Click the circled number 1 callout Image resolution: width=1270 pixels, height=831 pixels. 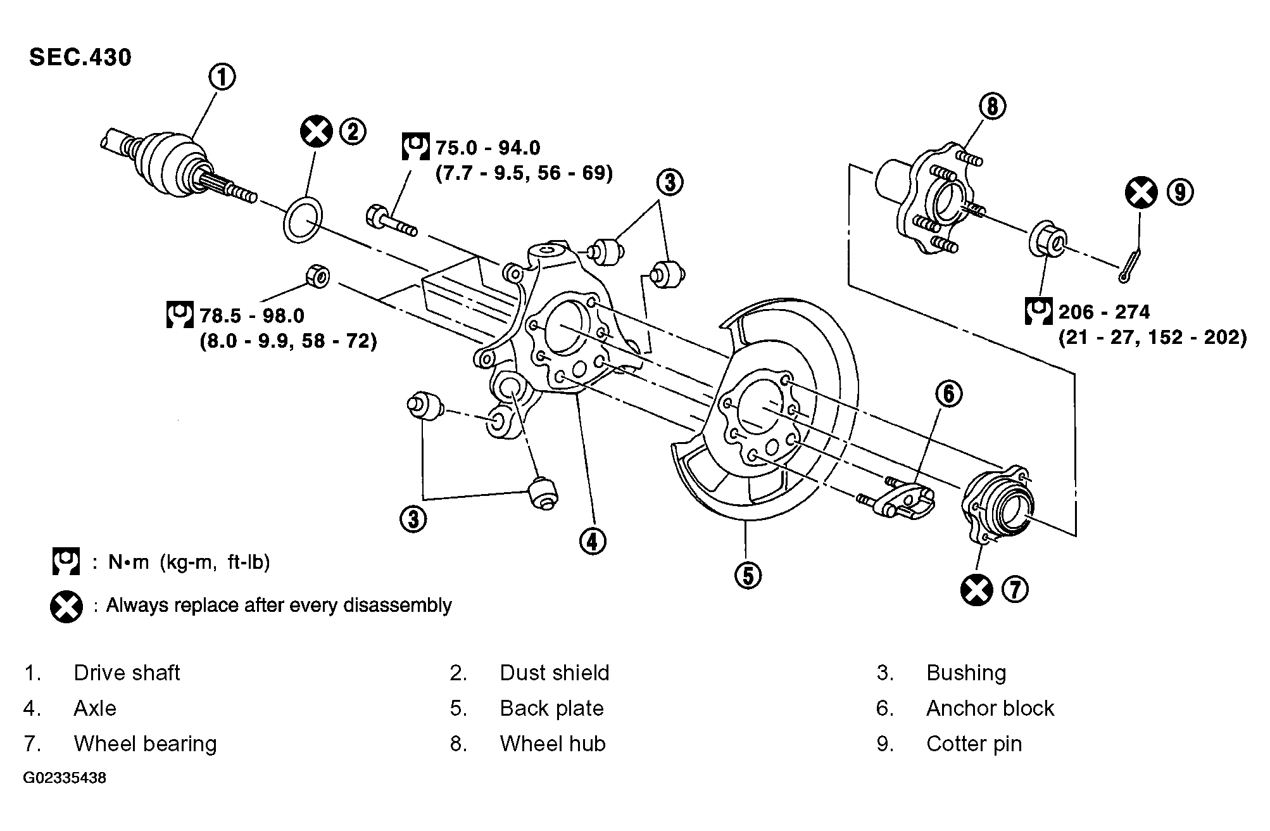tap(222, 77)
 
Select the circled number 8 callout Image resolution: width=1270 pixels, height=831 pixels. tap(992, 106)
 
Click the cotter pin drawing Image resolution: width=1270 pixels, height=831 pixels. tap(1130, 265)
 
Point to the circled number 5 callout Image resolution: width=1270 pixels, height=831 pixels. tap(748, 576)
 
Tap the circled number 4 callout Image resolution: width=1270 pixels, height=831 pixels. tap(592, 541)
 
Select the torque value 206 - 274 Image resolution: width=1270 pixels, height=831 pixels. tap(1104, 312)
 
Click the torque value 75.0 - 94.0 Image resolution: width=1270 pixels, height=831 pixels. tap(488, 148)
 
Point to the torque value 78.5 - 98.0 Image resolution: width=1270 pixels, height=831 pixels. tap(252, 315)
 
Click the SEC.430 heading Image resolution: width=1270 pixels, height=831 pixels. tap(80, 58)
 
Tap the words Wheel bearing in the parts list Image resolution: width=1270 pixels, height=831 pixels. tap(146, 744)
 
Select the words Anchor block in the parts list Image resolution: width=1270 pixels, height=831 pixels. tap(990, 708)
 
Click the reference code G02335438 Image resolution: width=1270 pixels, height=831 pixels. tap(65, 778)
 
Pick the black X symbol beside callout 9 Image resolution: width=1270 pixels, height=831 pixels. tap(1141, 192)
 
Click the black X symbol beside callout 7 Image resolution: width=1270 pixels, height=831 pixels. tap(976, 590)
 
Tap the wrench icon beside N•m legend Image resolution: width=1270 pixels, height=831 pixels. tap(66, 561)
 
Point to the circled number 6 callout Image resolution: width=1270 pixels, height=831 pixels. tap(948, 394)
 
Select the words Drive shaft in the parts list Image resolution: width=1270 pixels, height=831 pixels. tap(127, 673)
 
